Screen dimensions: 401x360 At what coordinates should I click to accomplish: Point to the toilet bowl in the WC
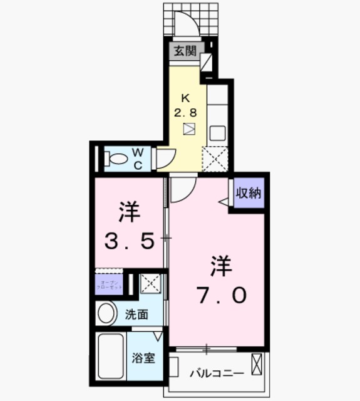[115, 159]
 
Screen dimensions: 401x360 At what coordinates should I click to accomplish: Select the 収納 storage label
[248, 194]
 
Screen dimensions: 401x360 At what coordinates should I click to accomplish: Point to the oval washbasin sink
[107, 313]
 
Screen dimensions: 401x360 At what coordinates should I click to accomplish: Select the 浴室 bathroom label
[143, 359]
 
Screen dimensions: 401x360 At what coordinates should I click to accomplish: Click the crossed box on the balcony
[257, 364]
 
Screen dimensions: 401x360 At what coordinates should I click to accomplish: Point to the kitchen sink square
[217, 132]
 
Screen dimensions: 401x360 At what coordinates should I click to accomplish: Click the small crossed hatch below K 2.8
[189, 130]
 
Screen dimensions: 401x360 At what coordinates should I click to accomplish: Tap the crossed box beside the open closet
[150, 284]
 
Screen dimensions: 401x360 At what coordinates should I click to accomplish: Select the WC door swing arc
[163, 159]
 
